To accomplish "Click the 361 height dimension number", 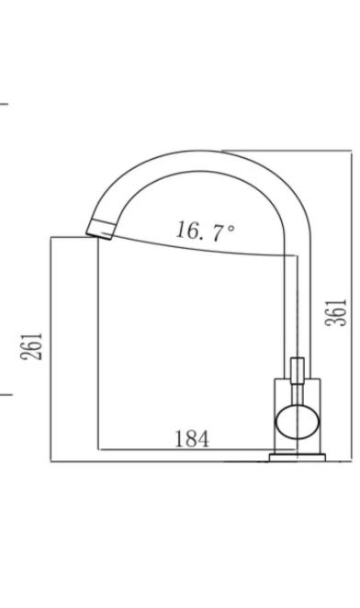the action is coord(336,312).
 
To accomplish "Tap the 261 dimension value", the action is coord(31,346).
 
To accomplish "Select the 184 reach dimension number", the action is coord(192,439).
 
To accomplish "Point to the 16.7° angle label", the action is coord(205,231).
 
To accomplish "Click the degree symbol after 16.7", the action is coord(231,228).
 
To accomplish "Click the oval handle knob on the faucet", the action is coord(298,422).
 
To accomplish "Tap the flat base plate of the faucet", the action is coord(298,457).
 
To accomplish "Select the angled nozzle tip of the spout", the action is coord(100,229).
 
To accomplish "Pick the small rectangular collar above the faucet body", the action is coord(298,371).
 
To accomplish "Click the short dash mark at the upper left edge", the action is coord(4,104).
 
